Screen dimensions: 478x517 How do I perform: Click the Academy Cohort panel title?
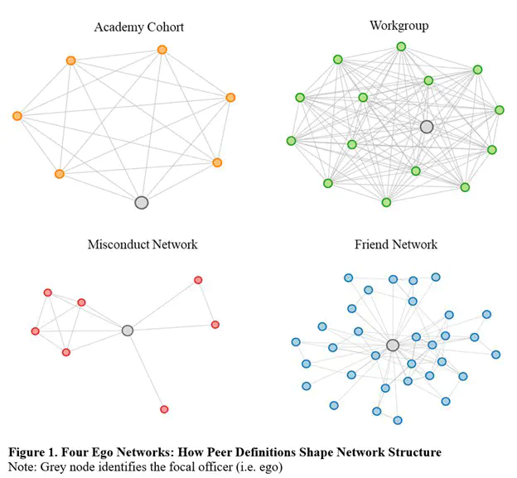[138, 27]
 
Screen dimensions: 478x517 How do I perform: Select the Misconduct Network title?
[143, 244]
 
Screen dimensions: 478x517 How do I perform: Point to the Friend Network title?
[396, 244]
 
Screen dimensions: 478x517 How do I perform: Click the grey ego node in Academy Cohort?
[141, 202]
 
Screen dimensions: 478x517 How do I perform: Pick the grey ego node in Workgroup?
[427, 127]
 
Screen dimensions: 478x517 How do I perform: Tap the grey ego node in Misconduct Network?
[127, 331]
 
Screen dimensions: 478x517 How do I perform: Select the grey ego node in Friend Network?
[393, 345]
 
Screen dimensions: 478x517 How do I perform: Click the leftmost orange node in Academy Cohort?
[17, 116]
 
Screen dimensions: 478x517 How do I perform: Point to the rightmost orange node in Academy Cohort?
[230, 98]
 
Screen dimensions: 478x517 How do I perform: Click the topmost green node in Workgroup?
[401, 47]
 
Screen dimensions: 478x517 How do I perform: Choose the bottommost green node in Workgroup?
[386, 202]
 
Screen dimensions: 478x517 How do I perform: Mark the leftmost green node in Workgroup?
[291, 141]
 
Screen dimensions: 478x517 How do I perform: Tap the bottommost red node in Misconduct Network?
[164, 409]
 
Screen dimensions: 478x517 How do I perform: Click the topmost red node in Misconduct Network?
[198, 280]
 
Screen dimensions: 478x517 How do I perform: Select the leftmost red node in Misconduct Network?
[35, 331]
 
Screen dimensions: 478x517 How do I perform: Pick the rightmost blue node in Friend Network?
[495, 355]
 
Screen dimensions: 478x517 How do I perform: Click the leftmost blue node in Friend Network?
[296, 342]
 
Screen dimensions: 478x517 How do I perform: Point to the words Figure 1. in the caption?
[35, 452]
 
